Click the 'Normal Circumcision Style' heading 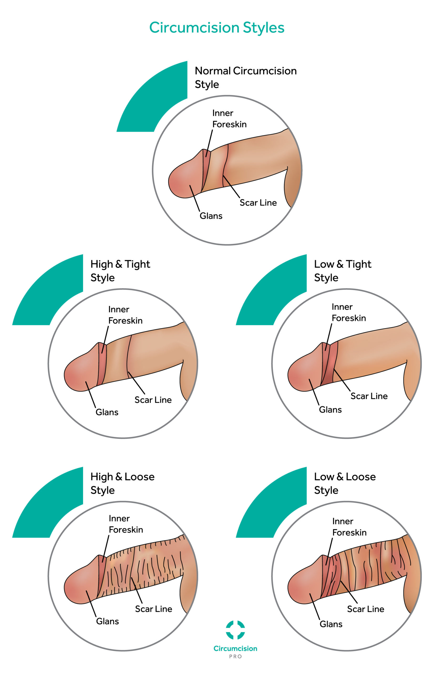[246, 78]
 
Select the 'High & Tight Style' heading [120, 271]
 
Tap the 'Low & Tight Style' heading [343, 271]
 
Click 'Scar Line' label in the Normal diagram [258, 203]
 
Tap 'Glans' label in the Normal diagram [211, 216]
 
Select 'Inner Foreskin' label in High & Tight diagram [125, 315]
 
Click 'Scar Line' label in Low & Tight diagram [369, 396]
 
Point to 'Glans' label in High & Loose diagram [107, 621]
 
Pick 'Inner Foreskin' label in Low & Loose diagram [349, 527]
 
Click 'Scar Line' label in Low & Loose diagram [366, 609]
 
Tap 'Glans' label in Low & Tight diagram [330, 410]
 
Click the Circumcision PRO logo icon [235, 630]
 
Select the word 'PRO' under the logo [235, 657]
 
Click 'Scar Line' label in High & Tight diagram [153, 400]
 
